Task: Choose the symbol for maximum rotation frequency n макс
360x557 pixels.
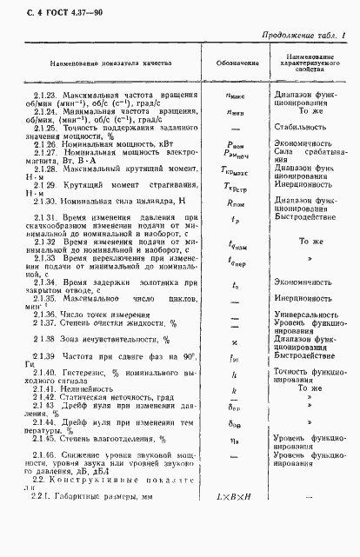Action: pyautogui.click(x=234, y=95)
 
